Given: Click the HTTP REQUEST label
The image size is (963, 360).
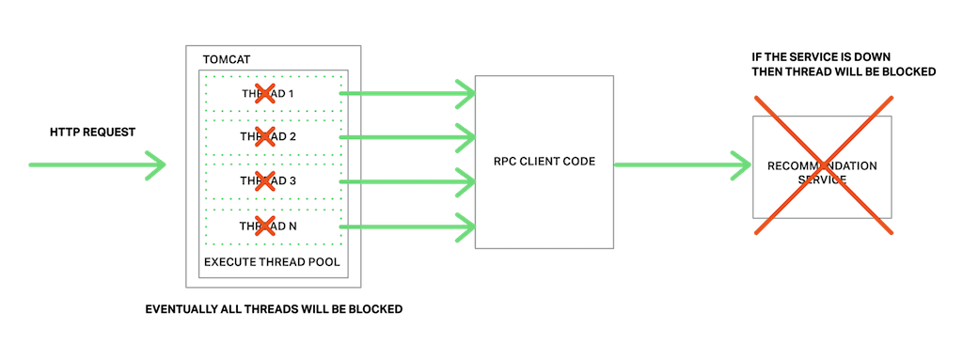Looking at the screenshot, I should [92, 132].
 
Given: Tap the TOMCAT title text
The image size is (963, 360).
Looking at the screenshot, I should [226, 59].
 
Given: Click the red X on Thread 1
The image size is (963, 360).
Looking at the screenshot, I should [265, 93].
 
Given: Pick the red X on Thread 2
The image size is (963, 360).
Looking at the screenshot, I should [265, 136].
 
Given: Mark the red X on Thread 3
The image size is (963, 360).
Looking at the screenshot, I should [265, 180].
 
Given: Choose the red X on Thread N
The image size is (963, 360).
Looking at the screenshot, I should [265, 225].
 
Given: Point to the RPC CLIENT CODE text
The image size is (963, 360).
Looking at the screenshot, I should [544, 162].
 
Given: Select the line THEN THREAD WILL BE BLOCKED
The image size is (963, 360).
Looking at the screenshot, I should [843, 71].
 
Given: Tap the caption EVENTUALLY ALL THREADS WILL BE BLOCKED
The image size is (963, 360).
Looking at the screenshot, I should [274, 309].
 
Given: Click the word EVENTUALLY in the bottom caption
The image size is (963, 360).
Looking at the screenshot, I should [180, 309].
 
